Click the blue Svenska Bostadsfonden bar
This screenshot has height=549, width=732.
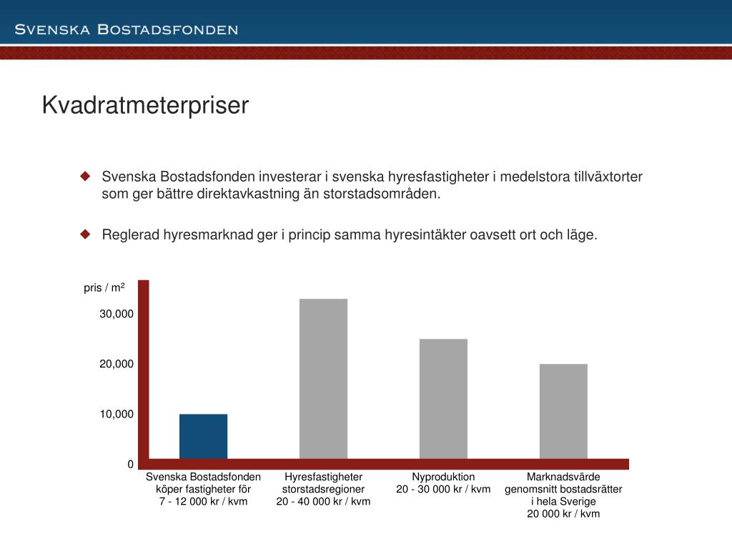tap(203, 436)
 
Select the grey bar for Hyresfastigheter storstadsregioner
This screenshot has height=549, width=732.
tap(323, 378)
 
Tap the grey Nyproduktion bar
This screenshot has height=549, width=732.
tap(443, 398)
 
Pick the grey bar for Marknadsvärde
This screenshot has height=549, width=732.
tap(563, 411)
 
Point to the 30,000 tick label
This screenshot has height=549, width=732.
tap(117, 314)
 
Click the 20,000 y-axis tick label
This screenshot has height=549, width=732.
tap(117, 364)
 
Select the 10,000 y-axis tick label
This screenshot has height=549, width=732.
tap(117, 414)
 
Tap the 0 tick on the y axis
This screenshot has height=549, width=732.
tap(131, 465)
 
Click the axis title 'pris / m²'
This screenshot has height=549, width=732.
tap(104, 287)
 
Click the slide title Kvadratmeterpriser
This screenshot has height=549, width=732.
tap(145, 105)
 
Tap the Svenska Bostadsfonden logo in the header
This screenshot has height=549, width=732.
tap(127, 29)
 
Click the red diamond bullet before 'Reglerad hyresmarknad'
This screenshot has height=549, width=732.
tap(85, 234)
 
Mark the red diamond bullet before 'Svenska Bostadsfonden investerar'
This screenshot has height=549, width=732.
tap(85, 176)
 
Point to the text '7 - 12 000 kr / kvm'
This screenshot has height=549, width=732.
tap(203, 501)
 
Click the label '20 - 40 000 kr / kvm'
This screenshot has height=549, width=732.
tap(323, 501)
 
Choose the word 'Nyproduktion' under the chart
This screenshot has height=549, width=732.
tap(443, 477)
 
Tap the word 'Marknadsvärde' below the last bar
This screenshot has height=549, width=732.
tap(563, 477)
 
